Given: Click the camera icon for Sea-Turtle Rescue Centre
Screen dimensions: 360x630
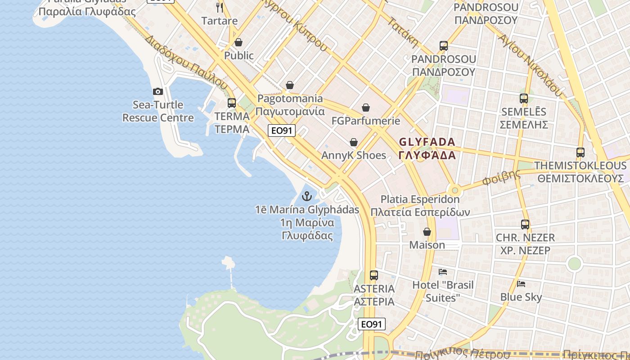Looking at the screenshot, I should tap(158, 92).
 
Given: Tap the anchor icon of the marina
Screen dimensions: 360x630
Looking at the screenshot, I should tap(307, 196).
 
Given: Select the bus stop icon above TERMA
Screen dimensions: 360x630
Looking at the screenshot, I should tap(232, 103).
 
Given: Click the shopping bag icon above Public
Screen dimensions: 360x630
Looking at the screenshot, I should tap(238, 43).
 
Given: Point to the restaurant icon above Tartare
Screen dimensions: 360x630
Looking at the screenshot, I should tap(220, 7).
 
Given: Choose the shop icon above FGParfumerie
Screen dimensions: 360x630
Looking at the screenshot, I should tap(366, 108).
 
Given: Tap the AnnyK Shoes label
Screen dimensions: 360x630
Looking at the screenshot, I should tap(354, 155).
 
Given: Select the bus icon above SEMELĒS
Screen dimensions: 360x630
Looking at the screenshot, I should tap(524, 99).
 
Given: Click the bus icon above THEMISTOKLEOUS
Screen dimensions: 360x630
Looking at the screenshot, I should tap(580, 153).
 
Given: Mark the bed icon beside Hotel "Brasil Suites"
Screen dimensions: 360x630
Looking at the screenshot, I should tap(443, 272).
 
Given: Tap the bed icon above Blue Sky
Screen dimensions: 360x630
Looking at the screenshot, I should tap(521, 284).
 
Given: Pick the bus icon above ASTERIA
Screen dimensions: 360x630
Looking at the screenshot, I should tap(374, 275).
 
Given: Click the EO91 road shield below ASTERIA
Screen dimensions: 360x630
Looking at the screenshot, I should tap(372, 324).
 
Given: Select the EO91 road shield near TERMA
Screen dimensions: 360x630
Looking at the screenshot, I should tap(281, 130).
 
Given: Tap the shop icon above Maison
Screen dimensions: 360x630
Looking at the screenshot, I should tap(427, 232).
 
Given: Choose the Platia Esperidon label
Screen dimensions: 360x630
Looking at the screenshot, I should tap(420, 199).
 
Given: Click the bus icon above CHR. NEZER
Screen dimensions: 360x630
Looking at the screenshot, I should tap(525, 224).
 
